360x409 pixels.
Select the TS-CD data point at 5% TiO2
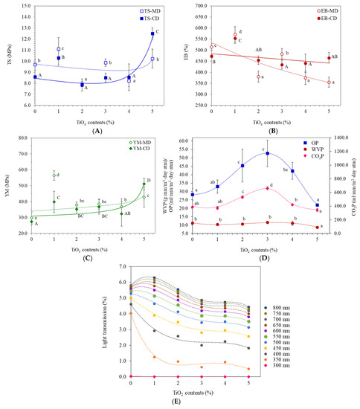[x=152, y=33]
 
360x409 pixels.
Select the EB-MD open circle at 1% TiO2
[x=235, y=34]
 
